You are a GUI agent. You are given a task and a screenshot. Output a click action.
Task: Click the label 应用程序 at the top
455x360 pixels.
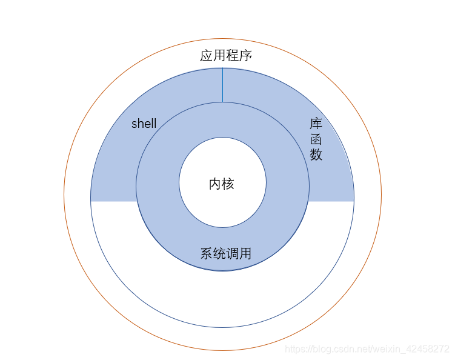point(226,56)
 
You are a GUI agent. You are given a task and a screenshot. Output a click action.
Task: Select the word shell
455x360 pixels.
point(144,124)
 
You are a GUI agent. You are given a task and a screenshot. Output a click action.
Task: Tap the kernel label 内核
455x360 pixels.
point(222,184)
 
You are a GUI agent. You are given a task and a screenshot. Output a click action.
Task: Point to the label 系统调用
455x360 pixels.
point(226,253)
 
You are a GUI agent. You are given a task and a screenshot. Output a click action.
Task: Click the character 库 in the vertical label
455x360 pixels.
point(316,124)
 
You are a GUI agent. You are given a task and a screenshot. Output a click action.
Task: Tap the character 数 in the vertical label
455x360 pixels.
point(316,155)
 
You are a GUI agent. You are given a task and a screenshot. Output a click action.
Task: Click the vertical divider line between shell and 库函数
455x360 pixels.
point(222,85)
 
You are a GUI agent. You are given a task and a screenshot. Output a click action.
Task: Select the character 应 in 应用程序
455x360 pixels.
point(207,56)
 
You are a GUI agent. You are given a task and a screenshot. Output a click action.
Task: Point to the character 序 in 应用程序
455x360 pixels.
point(245,56)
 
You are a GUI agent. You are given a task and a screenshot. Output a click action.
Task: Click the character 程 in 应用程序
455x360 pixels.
point(233,56)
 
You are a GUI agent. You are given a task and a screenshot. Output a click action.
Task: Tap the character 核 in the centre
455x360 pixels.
point(228,184)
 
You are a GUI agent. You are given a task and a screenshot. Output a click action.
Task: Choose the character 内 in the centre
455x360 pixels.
point(215,184)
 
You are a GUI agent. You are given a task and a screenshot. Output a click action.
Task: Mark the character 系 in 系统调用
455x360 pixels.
point(207,253)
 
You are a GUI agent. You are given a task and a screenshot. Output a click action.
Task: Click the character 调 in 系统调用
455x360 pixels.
point(233,253)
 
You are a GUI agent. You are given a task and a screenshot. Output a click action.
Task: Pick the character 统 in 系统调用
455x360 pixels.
point(219,253)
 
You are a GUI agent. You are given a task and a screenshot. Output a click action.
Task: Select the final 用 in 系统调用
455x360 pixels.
point(245,253)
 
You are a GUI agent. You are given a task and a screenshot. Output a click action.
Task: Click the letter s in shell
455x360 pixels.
point(135,124)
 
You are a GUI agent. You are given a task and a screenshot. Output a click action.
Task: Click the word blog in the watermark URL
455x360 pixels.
point(321,349)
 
